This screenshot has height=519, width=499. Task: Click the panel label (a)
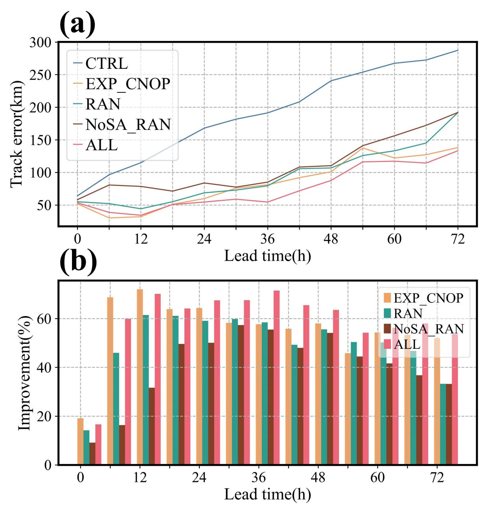point(77,24)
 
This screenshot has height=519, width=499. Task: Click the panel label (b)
point(78,261)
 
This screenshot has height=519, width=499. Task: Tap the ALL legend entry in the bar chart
point(407,344)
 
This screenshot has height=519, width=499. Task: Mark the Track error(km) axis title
point(16,133)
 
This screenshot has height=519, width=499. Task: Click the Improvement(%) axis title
point(24,372)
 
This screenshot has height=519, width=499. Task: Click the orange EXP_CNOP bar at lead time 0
point(80,442)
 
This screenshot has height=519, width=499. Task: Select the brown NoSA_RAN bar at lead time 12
point(151,426)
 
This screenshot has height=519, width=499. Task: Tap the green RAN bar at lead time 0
point(86,447)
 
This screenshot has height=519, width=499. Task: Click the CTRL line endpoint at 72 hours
point(458,50)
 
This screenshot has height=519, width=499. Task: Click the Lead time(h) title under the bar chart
point(267,495)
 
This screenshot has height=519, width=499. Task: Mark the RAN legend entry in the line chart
point(103,104)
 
